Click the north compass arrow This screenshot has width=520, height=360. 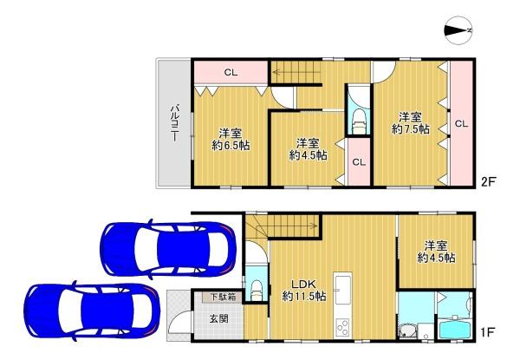pos(458,32)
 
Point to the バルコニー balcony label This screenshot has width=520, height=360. pos(173,122)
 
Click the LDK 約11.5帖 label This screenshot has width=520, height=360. pos(303,289)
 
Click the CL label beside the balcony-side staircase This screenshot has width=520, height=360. pos(231,73)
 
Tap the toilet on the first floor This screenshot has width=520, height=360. pos(257,286)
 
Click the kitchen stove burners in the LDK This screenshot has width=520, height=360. pos(341,327)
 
